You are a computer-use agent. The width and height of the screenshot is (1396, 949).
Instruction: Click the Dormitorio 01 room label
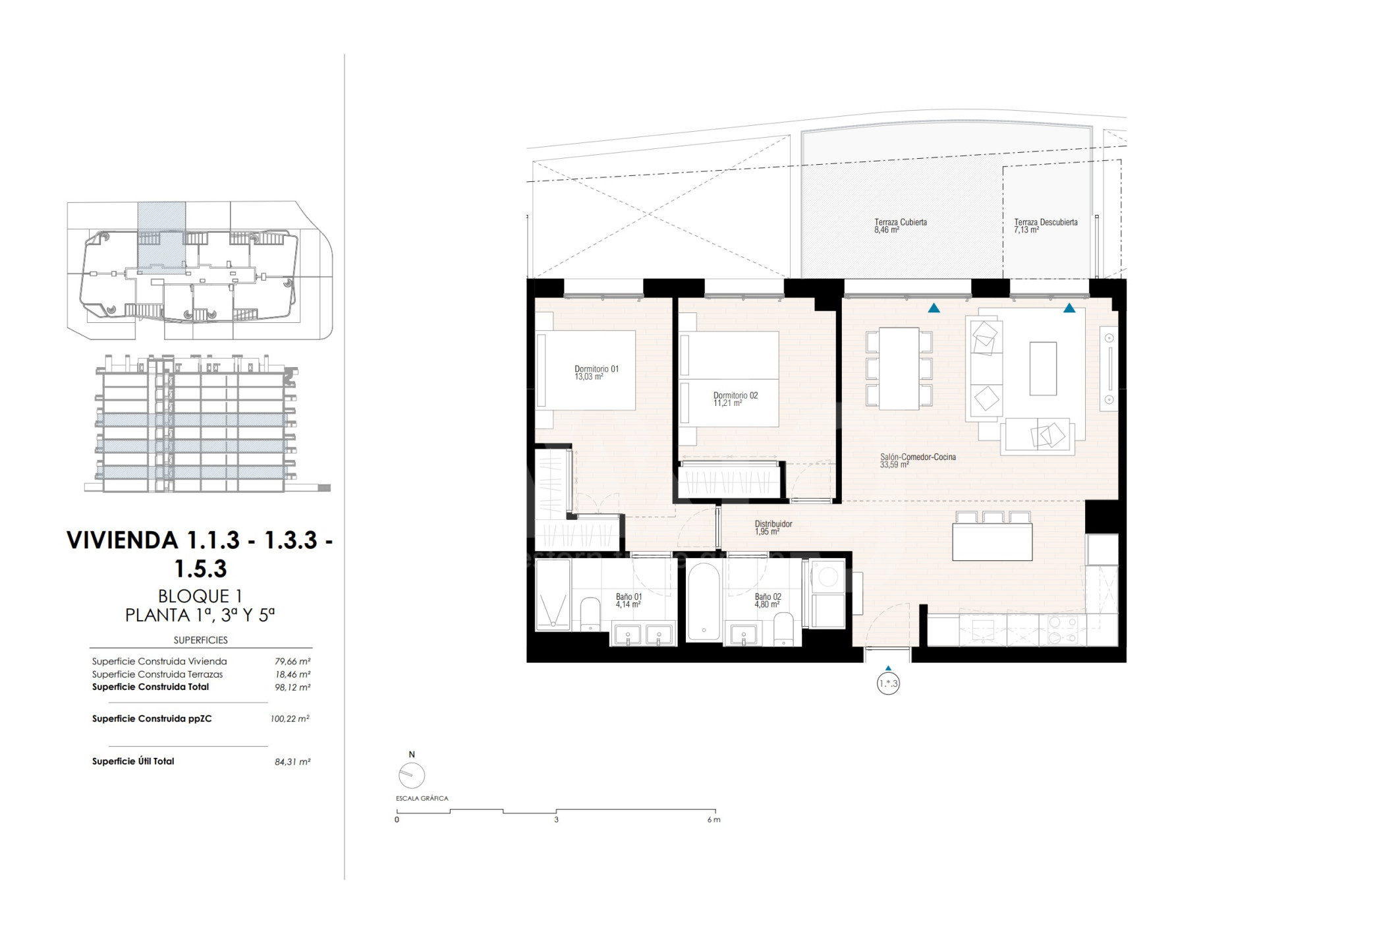596,369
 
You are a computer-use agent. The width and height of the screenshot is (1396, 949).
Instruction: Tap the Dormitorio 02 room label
735,395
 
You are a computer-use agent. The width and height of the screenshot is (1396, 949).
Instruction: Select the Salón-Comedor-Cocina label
918,457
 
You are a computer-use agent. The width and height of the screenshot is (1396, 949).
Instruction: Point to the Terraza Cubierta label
901,222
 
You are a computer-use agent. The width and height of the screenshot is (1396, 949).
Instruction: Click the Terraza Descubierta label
1046,222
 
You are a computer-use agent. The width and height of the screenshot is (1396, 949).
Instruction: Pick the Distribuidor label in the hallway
773,524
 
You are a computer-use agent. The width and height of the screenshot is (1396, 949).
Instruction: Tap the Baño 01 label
628,596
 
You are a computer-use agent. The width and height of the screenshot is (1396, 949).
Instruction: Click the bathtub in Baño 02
704,602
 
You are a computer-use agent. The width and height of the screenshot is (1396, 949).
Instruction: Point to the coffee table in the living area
1043,368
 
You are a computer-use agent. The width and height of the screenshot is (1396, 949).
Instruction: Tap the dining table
899,368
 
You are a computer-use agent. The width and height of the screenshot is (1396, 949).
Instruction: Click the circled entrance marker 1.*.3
888,683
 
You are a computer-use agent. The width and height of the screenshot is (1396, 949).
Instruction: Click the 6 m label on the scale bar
713,820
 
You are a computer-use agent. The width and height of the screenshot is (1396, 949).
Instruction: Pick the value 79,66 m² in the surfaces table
293,661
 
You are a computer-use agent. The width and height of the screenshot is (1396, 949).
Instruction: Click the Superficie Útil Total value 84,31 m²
293,761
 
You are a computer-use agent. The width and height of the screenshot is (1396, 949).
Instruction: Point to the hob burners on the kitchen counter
1059,629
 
